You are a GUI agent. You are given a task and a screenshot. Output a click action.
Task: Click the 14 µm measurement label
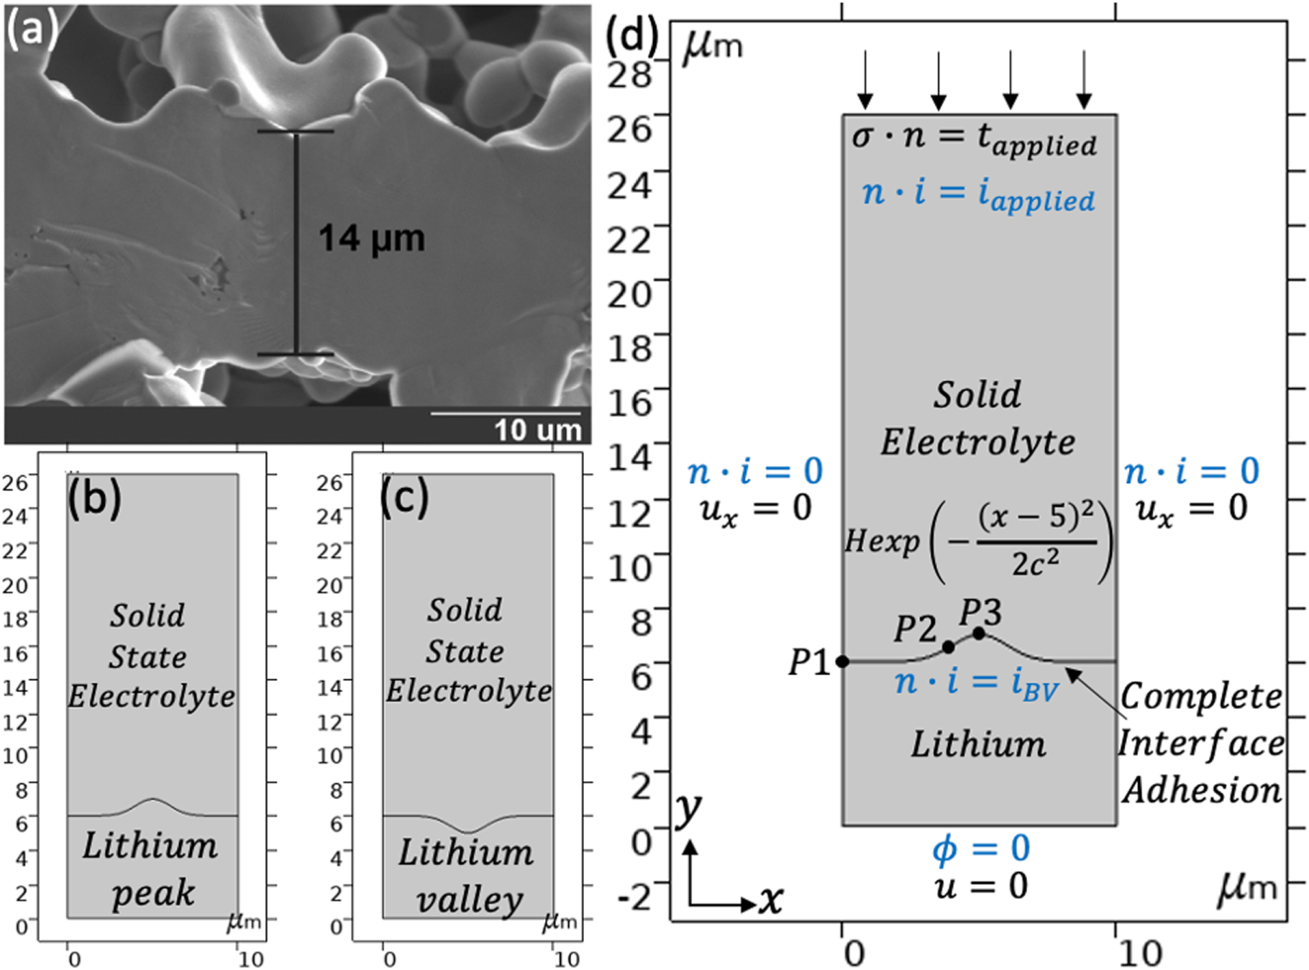pyautogui.click(x=371, y=239)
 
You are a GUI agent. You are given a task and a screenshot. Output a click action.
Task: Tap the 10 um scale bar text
pyautogui.click(x=537, y=430)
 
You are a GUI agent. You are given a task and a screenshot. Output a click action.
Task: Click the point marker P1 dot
pyautogui.click(x=842, y=661)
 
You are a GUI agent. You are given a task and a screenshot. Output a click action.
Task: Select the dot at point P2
pyautogui.click(x=948, y=647)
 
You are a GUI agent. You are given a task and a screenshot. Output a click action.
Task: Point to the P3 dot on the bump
pyautogui.click(x=978, y=633)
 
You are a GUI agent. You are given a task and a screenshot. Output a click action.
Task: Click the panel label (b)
pyautogui.click(x=94, y=497)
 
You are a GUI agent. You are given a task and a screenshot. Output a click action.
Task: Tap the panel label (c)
pyautogui.click(x=404, y=497)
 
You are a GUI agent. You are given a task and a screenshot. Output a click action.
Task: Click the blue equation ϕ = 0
pyautogui.click(x=981, y=849)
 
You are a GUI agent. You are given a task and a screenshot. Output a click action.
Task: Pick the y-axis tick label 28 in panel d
pyautogui.click(x=629, y=74)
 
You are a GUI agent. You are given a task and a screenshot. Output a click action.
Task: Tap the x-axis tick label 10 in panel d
pyautogui.click(x=1140, y=953)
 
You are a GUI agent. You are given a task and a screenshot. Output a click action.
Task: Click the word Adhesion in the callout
pyautogui.click(x=1202, y=790)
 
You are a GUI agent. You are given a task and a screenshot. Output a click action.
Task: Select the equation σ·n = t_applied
pyautogui.click(x=974, y=138)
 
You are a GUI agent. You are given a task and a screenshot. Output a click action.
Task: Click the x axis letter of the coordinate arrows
pyautogui.click(x=771, y=900)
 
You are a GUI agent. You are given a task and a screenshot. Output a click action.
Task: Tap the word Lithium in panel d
pyautogui.click(x=978, y=744)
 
